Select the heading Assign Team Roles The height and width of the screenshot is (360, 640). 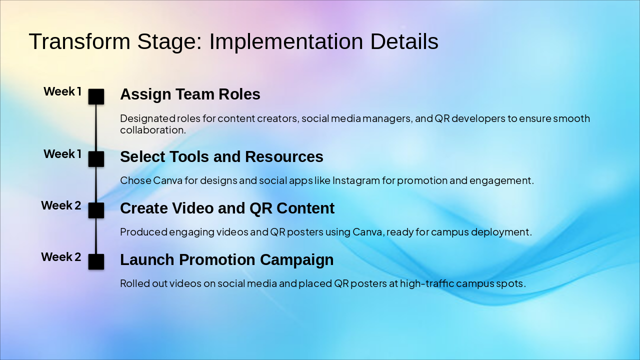coord(190,94)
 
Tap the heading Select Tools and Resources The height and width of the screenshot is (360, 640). coord(221,156)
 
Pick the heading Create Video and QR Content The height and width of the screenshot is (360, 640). coord(227,208)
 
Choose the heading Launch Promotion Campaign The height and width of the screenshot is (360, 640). coord(226,259)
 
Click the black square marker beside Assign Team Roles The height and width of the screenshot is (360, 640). coord(96,96)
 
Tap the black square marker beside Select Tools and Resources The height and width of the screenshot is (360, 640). coord(96,159)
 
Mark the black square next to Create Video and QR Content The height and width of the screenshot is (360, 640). coord(96,210)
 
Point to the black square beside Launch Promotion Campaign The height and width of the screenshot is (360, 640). coord(96,261)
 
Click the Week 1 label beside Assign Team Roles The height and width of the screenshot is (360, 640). coord(62,91)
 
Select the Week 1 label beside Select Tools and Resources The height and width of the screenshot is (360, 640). coord(62,154)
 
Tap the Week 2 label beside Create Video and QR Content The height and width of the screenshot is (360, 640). coord(61,205)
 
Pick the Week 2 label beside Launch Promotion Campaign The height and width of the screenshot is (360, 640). coord(61,257)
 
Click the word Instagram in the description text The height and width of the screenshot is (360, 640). coord(356,180)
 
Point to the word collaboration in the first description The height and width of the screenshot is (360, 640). coord(152,130)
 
